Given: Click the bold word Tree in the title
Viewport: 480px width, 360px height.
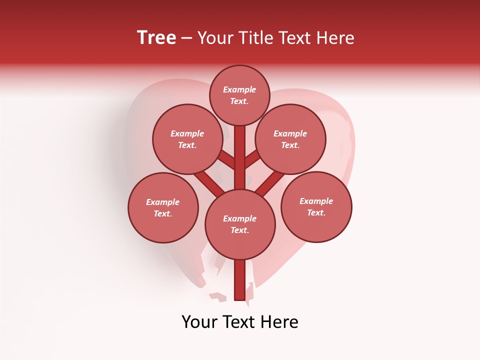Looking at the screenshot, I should [x=156, y=38].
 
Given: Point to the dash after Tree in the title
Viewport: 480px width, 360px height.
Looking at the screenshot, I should [x=187, y=38].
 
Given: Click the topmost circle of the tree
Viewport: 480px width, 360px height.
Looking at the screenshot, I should [x=239, y=95].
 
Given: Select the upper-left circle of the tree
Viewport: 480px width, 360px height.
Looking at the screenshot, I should [x=187, y=139].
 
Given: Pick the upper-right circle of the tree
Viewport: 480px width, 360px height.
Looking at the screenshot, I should [x=290, y=139].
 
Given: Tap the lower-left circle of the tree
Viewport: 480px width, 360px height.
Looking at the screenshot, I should [x=163, y=207].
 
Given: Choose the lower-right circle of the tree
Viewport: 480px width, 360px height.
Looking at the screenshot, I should [x=316, y=206].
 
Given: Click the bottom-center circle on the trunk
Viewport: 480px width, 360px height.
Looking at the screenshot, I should [x=240, y=224].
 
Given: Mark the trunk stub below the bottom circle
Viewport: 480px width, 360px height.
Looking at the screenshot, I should [x=240, y=280].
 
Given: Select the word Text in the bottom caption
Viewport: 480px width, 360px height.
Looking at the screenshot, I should [x=238, y=322].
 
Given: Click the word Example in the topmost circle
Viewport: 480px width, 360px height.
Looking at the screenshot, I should [x=239, y=89].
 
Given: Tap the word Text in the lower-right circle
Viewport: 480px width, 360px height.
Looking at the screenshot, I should [x=316, y=212].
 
